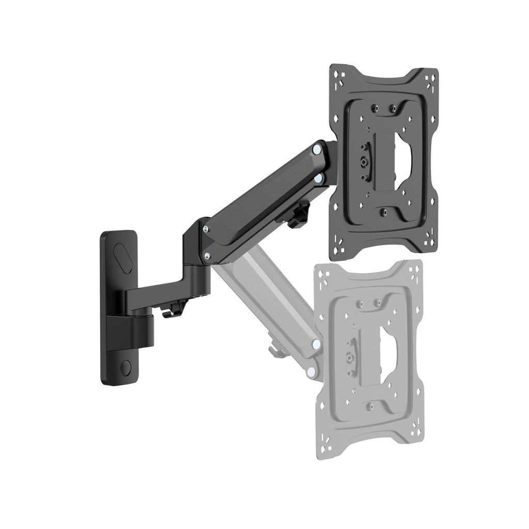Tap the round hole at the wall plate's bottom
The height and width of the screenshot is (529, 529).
click(125, 367)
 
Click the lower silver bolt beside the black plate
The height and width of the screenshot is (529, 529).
click(319, 178)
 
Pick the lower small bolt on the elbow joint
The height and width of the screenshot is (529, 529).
click(207, 255)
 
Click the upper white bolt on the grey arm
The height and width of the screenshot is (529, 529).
click(315, 344)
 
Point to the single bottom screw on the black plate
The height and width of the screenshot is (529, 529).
click(383, 212)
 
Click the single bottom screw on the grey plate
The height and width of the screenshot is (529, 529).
click(370, 406)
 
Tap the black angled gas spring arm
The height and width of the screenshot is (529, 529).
click(263, 201)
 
